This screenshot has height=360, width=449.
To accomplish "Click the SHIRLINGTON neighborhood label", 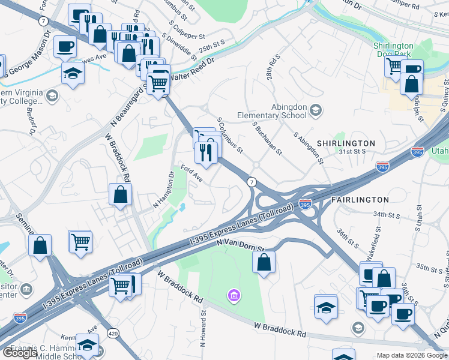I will click(x=345, y=143).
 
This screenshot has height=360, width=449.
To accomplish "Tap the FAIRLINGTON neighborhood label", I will click(x=360, y=199).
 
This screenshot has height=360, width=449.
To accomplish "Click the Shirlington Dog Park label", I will click(x=394, y=50).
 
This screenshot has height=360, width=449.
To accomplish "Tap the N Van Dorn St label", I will click(x=240, y=244).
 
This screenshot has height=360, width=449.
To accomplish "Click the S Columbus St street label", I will click(x=231, y=134).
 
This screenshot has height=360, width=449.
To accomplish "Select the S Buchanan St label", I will click(x=267, y=138).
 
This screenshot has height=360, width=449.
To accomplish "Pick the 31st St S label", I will click(x=352, y=152).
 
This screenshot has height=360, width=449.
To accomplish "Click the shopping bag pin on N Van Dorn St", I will click(x=264, y=262).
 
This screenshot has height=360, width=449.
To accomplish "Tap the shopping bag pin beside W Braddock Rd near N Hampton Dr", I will click(x=120, y=194).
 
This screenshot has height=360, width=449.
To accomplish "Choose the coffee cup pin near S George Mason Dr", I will click(x=65, y=46).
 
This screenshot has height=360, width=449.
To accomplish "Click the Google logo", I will click(x=20, y=353).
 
